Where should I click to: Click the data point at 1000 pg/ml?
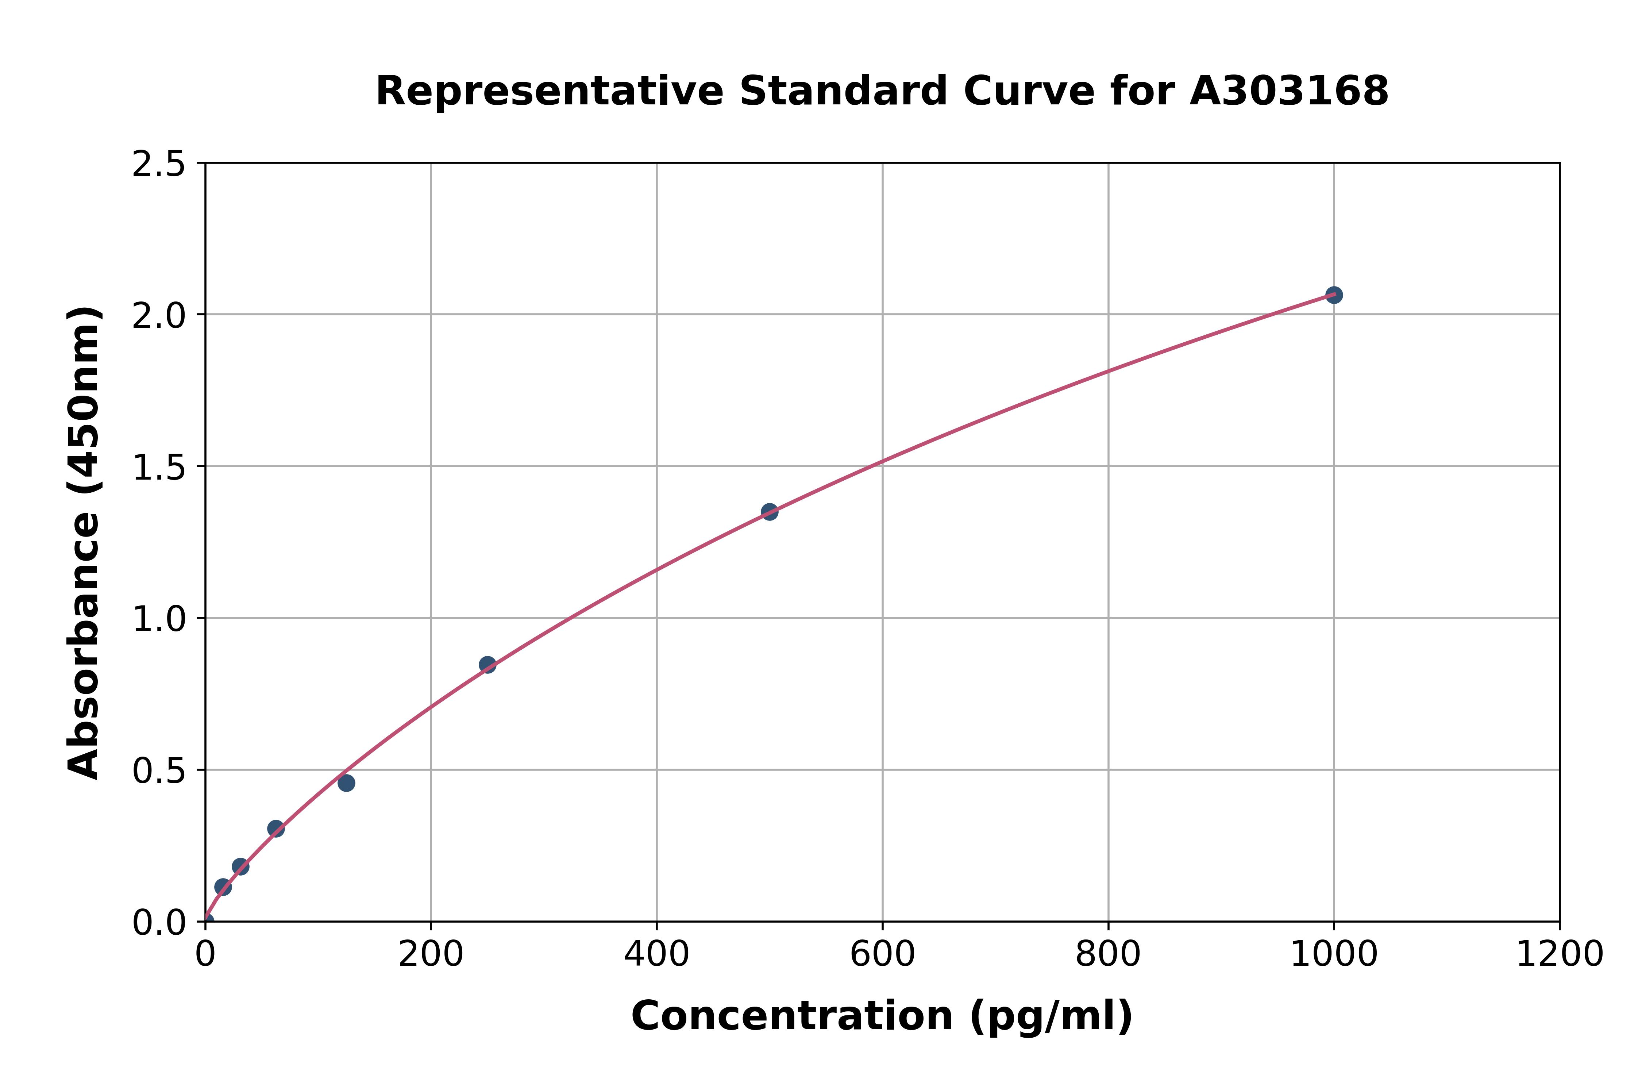click(1334, 295)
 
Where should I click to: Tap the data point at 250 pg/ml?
click(487, 665)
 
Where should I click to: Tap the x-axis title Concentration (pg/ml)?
click(882, 1016)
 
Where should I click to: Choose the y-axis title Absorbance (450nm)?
click(84, 543)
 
